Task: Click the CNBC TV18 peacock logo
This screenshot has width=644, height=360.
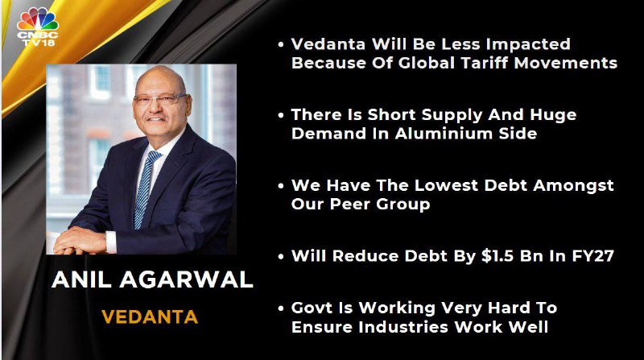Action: (x=37, y=27)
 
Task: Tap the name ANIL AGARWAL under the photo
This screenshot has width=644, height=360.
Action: (x=152, y=279)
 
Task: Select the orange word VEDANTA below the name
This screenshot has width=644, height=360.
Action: (x=150, y=317)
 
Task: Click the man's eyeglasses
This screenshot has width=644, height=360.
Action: (x=160, y=98)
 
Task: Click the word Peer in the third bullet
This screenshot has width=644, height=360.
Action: (x=350, y=205)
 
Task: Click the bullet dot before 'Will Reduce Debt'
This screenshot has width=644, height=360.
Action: (x=281, y=257)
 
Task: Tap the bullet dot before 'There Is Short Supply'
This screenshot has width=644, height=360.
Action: (x=281, y=115)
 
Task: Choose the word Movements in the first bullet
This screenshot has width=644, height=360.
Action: (x=566, y=63)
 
